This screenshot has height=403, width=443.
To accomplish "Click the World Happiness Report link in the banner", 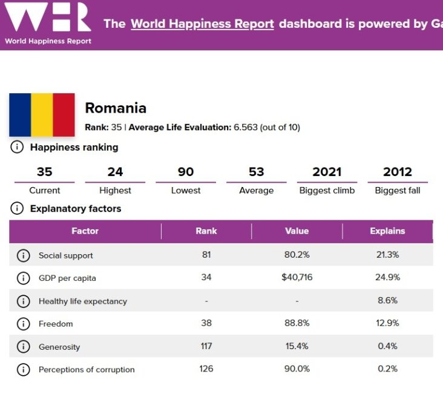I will [x=202, y=24].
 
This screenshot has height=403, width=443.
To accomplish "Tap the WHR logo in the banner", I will [x=48, y=18].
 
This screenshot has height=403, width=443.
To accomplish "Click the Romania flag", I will [x=42, y=114].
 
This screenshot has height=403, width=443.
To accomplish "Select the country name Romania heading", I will [x=116, y=108].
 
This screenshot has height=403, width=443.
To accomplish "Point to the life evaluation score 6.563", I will [x=246, y=128].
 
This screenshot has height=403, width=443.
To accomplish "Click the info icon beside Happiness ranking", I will [x=18, y=147].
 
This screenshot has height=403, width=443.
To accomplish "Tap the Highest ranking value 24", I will [x=115, y=172].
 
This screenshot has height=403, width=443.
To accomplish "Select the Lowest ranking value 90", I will [x=186, y=172].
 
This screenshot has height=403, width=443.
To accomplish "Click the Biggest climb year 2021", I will [x=327, y=172].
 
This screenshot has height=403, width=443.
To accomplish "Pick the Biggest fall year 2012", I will [x=398, y=172].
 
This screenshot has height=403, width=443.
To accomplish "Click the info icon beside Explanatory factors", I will [x=18, y=209].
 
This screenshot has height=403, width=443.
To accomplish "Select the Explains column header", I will [x=387, y=231].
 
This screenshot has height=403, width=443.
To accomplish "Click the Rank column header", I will [x=206, y=231].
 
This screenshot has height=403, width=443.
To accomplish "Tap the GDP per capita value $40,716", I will [x=297, y=278].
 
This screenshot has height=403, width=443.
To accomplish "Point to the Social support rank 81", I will [x=206, y=255].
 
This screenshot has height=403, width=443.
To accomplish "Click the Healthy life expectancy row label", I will [x=83, y=301].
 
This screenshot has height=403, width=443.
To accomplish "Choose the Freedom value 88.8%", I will [x=297, y=324].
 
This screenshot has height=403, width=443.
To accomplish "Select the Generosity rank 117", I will [x=206, y=347].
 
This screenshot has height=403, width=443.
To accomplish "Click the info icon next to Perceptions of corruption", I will [x=23, y=369].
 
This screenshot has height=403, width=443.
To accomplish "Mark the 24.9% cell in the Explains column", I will [x=387, y=278].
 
